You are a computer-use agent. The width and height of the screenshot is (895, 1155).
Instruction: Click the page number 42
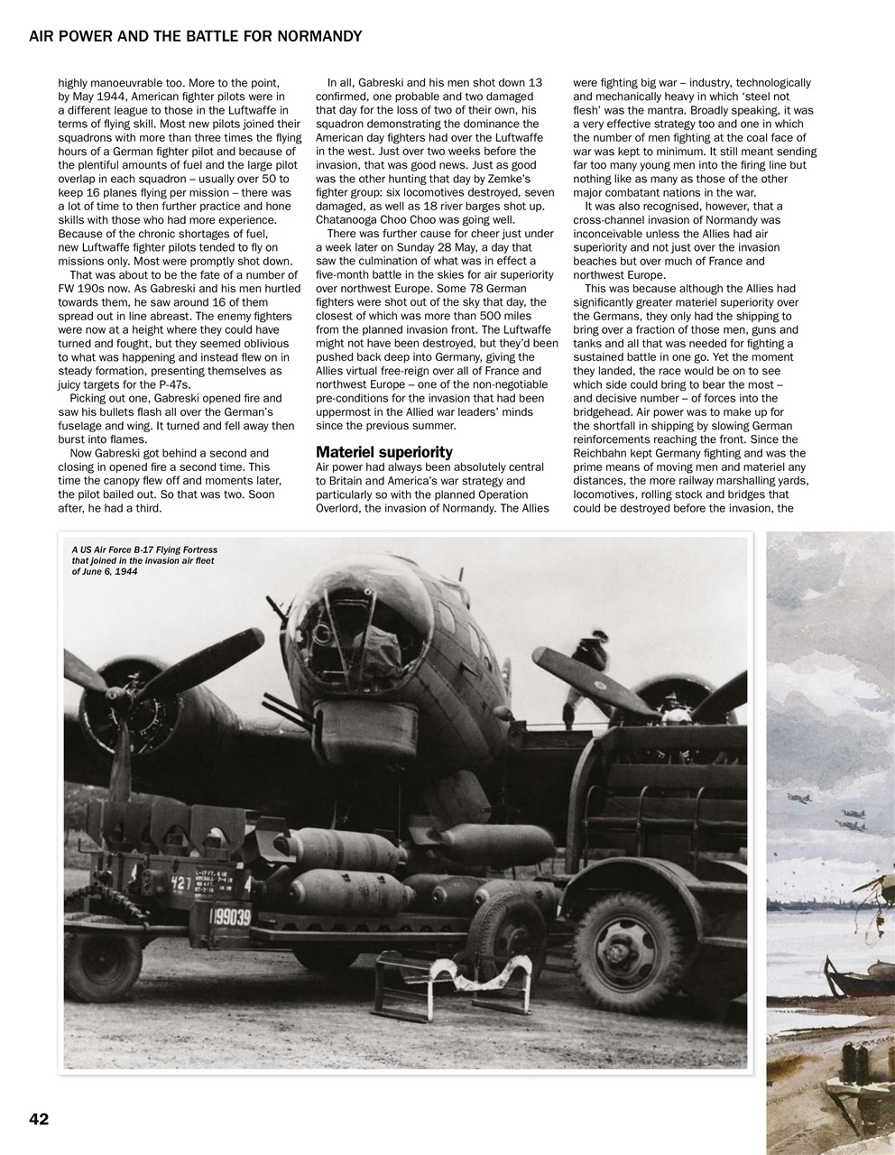tap(38, 1119)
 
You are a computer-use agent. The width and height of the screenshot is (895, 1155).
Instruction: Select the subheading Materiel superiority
tap(383, 451)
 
